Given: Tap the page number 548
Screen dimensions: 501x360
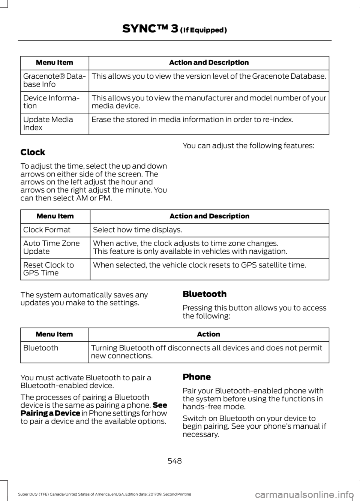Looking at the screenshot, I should (x=174, y=461).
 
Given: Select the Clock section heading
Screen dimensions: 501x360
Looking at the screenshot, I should (x=33, y=152).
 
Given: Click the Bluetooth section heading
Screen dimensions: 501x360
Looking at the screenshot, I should (x=204, y=294).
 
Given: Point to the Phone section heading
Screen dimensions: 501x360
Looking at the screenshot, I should (x=196, y=377).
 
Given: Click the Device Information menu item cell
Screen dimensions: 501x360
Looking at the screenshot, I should (x=51, y=102).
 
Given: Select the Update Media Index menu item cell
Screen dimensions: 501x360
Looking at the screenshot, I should (x=48, y=123).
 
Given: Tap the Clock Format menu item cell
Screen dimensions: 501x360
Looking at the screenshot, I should (x=47, y=230).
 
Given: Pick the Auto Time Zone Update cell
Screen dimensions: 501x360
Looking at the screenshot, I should (x=51, y=247).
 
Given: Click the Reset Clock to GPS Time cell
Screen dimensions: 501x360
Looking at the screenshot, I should (x=48, y=269).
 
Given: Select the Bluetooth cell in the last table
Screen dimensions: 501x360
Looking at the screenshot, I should (x=40, y=348).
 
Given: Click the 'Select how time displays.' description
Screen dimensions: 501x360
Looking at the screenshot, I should (x=137, y=230).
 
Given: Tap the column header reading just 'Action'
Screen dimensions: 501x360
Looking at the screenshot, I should (x=208, y=334).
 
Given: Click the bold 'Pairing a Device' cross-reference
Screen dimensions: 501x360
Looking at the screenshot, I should (x=50, y=413).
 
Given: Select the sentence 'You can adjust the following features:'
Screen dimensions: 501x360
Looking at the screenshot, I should (x=248, y=145).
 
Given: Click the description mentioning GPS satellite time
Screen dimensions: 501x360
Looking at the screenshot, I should (x=199, y=265).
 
